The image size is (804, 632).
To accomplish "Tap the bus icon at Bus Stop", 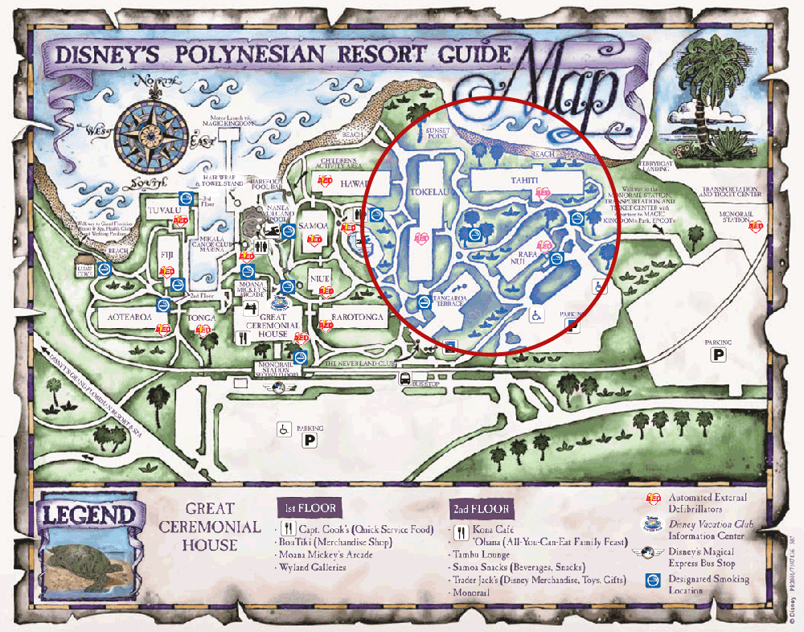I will [x=406, y=379].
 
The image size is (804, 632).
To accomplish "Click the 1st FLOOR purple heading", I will [x=308, y=508].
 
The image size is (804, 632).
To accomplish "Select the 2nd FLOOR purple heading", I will [x=480, y=509].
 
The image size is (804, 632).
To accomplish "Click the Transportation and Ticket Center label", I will [x=730, y=193].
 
